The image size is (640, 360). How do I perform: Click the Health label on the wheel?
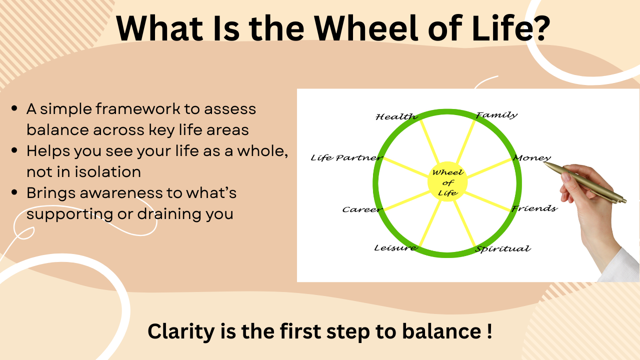click(x=396, y=116)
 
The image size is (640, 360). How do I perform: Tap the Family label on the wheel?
click(x=497, y=115)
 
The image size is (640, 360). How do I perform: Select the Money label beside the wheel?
click(x=532, y=158)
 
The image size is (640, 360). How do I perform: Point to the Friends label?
click(x=534, y=208)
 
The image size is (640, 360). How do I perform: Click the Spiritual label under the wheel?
click(x=503, y=249)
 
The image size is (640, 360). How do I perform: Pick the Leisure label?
click(x=395, y=247)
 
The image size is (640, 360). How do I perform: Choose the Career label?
click(x=362, y=209)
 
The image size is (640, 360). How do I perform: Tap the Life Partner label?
click(x=346, y=157)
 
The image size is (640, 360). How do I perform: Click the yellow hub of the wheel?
click(x=447, y=182)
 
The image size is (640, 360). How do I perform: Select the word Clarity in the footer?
click(x=181, y=331)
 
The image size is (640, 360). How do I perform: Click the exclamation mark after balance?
click(x=489, y=331)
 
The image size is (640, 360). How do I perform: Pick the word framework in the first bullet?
click(x=137, y=109)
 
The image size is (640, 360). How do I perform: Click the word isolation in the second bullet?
click(x=107, y=171)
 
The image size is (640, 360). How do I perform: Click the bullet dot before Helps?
click(x=14, y=150)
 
